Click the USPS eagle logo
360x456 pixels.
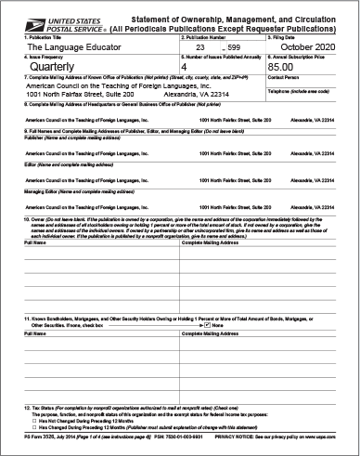point(15,11)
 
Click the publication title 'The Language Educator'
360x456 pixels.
point(61,46)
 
